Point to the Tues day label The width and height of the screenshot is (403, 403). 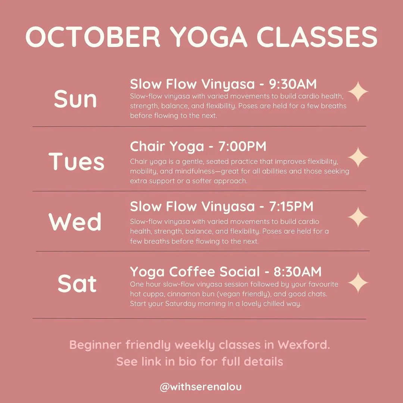76,161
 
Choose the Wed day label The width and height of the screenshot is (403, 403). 75,222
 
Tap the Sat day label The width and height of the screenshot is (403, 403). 77,284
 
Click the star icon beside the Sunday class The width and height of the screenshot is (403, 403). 358,92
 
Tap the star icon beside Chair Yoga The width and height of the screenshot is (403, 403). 358,157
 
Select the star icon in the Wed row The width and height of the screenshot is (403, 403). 358,217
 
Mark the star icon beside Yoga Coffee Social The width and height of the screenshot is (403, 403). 358,282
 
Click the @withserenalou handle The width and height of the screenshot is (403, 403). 201,387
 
